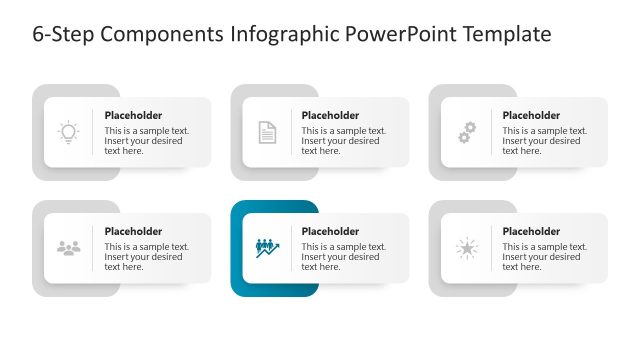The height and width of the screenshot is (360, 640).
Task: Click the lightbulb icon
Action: click(x=68, y=132)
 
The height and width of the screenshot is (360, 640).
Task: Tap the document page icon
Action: click(x=267, y=132)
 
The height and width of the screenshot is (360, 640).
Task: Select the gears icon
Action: click(x=466, y=132)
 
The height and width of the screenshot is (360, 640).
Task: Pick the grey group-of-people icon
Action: click(x=68, y=248)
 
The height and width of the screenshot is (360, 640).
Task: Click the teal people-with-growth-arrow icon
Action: click(x=267, y=247)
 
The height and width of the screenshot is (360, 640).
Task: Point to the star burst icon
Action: click(x=466, y=248)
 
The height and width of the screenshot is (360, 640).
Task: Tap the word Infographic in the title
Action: click(x=285, y=35)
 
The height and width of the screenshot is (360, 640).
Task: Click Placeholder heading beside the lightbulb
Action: click(x=133, y=115)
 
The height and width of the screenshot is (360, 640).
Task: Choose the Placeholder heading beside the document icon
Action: click(x=330, y=115)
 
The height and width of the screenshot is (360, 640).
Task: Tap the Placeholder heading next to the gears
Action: click(x=531, y=115)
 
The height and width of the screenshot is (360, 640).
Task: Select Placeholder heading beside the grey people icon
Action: click(x=133, y=231)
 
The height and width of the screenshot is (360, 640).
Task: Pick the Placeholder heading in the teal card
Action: click(x=330, y=231)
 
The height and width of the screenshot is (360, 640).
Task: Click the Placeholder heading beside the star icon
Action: click(x=531, y=231)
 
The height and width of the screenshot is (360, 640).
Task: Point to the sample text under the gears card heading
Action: click(x=541, y=141)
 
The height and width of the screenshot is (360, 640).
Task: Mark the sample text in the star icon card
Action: click(x=541, y=257)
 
